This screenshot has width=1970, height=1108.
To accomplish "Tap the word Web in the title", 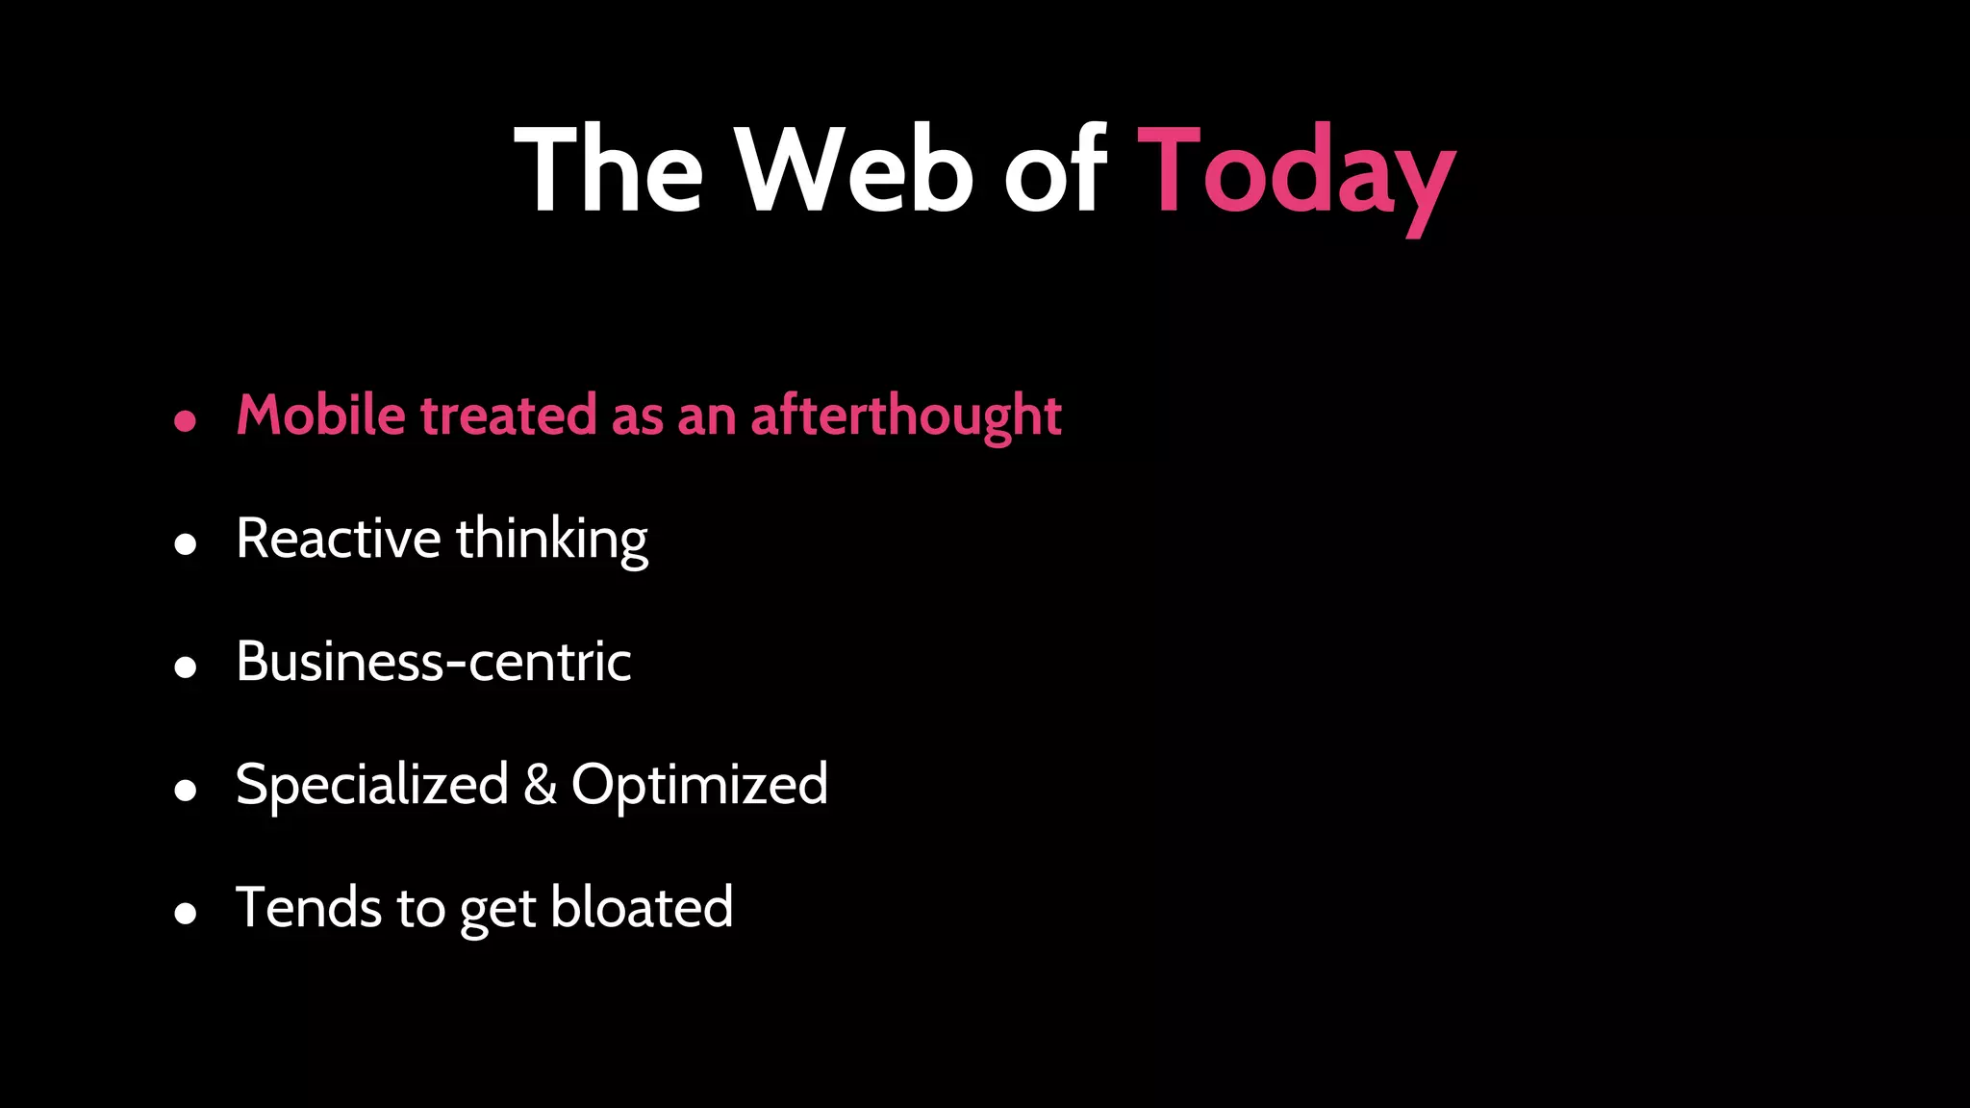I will pyautogui.click(x=855, y=171).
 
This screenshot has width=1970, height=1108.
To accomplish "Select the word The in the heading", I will pyautogui.click(x=610, y=171).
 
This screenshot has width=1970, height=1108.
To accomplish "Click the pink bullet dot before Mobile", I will pyautogui.click(x=186, y=421).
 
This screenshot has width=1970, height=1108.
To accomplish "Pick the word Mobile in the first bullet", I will pyautogui.click(x=321, y=415).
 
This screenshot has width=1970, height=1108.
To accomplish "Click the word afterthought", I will pyautogui.click(x=905, y=415).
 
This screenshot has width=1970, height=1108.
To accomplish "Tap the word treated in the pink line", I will pyautogui.click(x=509, y=415).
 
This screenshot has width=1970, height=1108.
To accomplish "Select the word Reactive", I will pyautogui.click(x=338, y=539).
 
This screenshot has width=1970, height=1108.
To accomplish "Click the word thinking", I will pyautogui.click(x=552, y=539).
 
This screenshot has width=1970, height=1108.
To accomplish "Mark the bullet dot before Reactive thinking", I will pyautogui.click(x=186, y=544).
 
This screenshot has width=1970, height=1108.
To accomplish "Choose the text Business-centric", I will pyautogui.click(x=433, y=662).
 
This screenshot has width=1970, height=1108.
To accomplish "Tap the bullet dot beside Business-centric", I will pyautogui.click(x=186, y=667).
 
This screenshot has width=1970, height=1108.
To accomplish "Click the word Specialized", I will pyautogui.click(x=371, y=785).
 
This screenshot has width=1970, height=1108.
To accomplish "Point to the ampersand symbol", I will pyautogui.click(x=540, y=785).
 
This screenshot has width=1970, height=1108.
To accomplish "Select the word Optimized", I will pyautogui.click(x=699, y=785).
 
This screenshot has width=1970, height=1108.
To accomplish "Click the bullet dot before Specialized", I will pyautogui.click(x=186, y=791).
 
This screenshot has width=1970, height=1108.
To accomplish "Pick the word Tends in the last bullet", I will pyautogui.click(x=309, y=908).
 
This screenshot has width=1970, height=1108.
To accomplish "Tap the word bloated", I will pyautogui.click(x=642, y=908).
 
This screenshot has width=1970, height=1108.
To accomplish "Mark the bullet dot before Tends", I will pyautogui.click(x=186, y=914).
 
